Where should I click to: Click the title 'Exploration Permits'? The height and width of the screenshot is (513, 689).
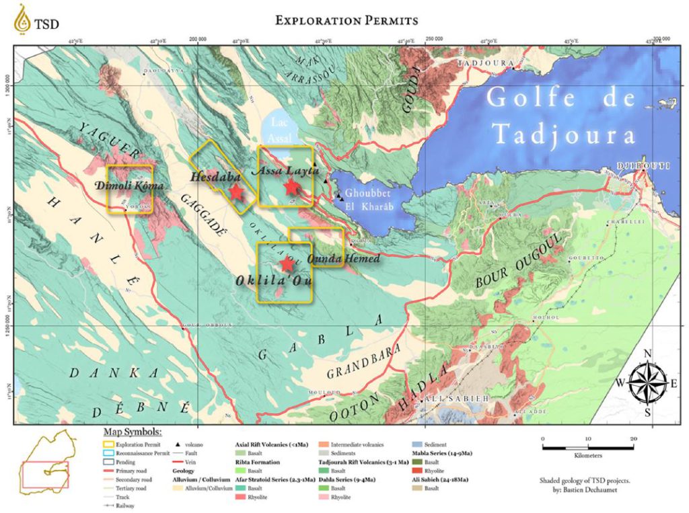pos(347,20)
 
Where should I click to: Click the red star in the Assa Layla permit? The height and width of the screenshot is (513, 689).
pos(291,187)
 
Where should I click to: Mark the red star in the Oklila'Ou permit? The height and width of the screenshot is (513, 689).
pos(287,264)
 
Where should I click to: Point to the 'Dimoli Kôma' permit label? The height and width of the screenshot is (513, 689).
pos(130,185)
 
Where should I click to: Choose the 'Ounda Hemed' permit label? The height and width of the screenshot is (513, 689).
pos(334,259)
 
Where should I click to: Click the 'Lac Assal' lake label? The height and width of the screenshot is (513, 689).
pos(279,129)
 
